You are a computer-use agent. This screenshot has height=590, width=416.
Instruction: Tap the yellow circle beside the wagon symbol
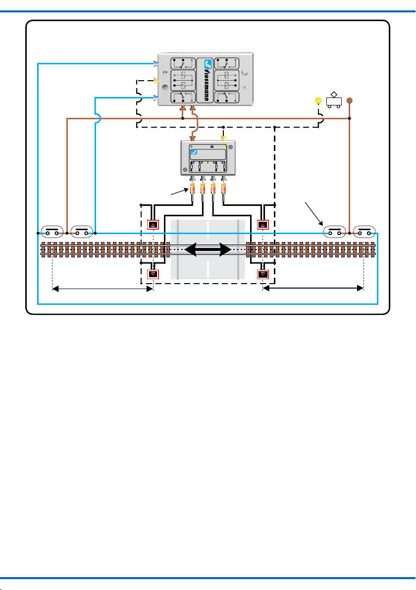tap(318, 100)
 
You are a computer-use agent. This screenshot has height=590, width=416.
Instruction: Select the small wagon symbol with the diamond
tap(334, 99)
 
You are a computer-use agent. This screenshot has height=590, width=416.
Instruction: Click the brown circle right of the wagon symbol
tap(349, 100)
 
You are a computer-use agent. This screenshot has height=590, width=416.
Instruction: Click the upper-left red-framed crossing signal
tap(153, 225)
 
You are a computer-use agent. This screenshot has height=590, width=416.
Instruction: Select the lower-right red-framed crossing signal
tap(263, 274)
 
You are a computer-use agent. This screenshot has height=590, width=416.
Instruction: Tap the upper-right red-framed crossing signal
tap(263, 225)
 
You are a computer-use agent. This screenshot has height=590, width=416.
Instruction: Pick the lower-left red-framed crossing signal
tap(153, 274)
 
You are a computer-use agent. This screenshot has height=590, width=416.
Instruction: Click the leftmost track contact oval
tap(52, 232)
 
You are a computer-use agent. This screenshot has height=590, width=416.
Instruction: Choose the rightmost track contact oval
tap(364, 232)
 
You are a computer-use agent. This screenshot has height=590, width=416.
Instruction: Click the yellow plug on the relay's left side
tap(156, 80)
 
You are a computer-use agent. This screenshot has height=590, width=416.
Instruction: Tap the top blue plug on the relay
tap(156, 63)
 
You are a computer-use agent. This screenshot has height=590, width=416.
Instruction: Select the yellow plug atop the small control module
tap(224, 139)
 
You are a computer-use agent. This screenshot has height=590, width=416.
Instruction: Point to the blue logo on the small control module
tap(194, 152)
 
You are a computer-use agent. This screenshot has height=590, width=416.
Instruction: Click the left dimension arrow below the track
tap(103, 289)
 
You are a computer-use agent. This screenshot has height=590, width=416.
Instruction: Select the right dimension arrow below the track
tap(313, 288)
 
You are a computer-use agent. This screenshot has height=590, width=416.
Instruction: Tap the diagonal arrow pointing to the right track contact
tap(314, 214)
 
